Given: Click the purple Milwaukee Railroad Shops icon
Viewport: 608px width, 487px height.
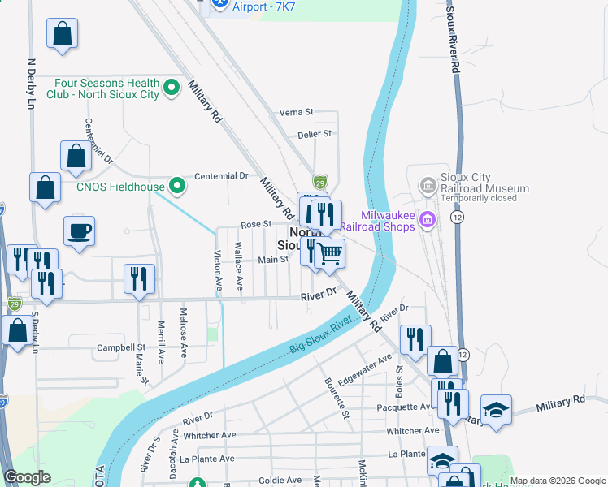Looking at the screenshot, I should click(x=428, y=219).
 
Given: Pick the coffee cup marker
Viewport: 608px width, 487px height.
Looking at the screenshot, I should click(x=79, y=231).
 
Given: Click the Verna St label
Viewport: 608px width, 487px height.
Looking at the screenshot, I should click(x=296, y=112).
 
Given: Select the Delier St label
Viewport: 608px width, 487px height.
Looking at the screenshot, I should click(x=315, y=134).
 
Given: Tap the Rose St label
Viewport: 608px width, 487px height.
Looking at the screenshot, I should click(x=254, y=225).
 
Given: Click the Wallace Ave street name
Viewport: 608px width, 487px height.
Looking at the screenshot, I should click(x=239, y=266).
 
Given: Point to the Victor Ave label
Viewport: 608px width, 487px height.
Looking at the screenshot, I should click(x=218, y=272).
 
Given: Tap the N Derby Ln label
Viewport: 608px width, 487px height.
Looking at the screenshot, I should click(x=32, y=84).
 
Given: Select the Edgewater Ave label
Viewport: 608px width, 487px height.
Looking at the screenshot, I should click(x=366, y=368).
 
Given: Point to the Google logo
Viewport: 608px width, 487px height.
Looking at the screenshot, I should click(x=28, y=477).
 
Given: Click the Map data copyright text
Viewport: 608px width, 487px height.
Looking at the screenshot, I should click(x=558, y=481).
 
